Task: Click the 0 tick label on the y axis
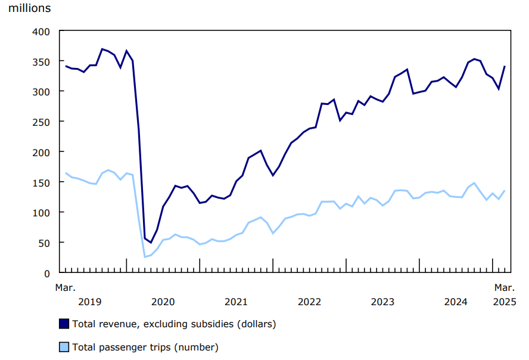click(46, 273)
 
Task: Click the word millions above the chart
click(29, 8)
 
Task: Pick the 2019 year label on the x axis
click(90, 302)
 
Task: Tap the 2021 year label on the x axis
click(236, 302)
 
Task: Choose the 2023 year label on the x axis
click(382, 302)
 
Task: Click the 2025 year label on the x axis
click(505, 302)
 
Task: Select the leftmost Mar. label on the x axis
click(66, 288)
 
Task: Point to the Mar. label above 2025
click(505, 288)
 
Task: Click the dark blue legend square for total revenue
click(64, 324)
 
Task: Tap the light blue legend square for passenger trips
click(64, 347)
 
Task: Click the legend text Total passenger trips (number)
click(145, 347)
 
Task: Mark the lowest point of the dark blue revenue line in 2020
click(151, 243)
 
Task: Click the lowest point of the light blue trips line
click(145, 257)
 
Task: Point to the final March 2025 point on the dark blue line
click(505, 66)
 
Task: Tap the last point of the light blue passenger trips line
click(505, 191)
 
